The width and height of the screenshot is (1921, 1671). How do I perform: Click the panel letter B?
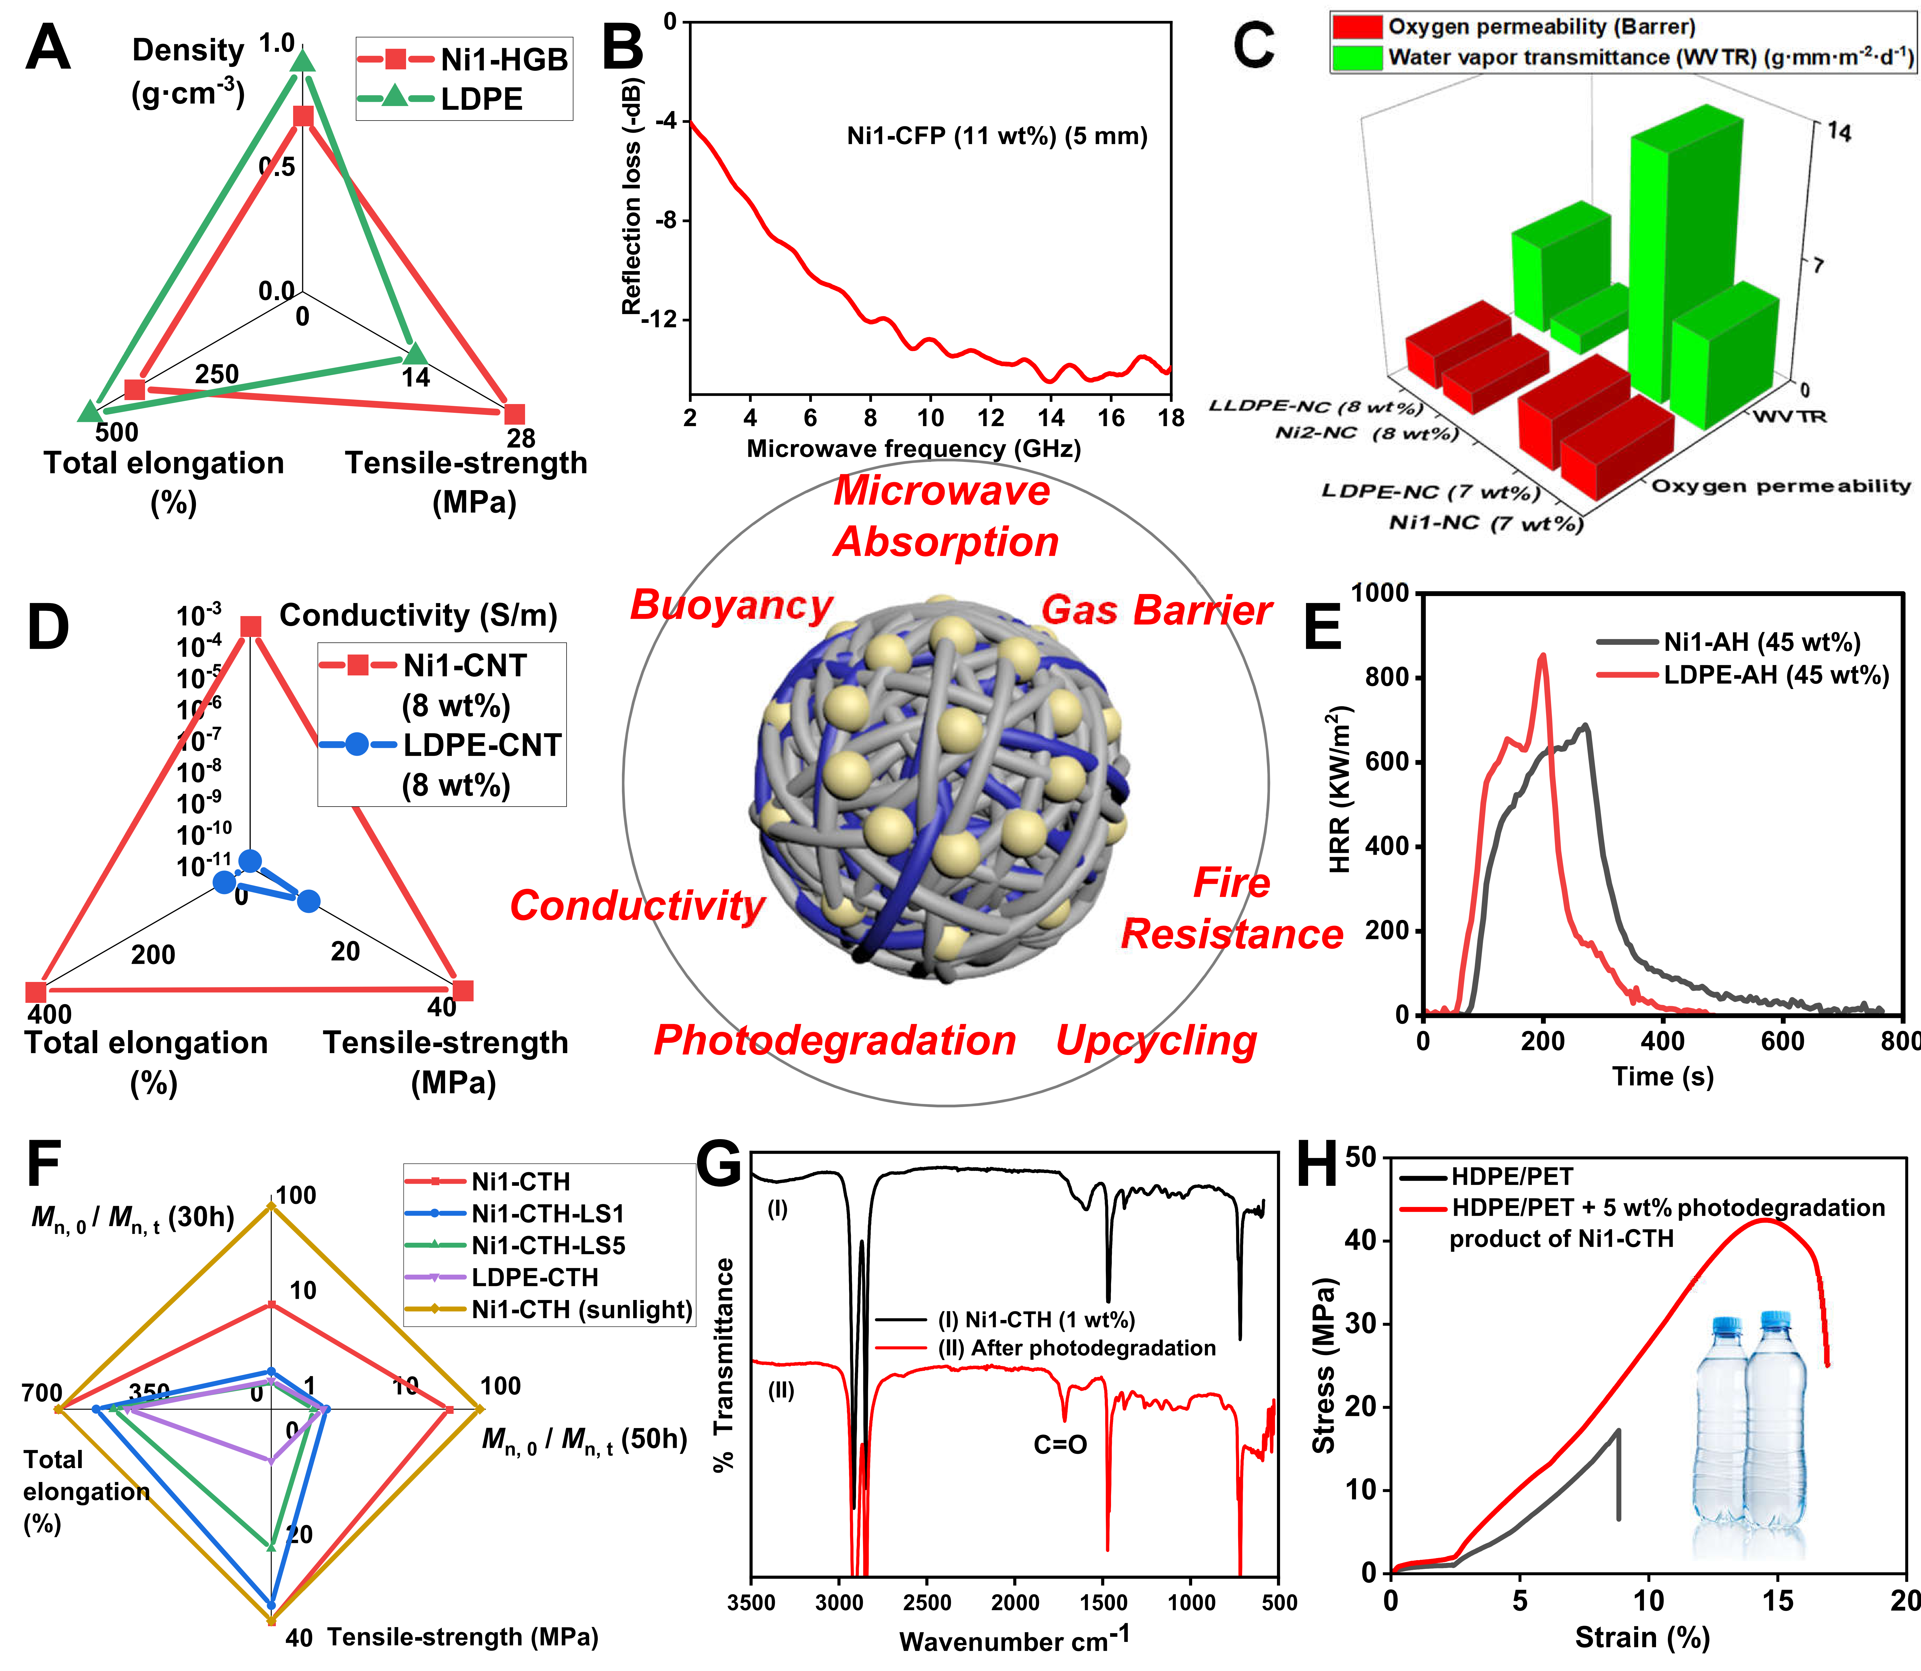pyautogui.click(x=623, y=48)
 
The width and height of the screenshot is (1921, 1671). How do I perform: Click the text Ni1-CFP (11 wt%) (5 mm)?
pyautogui.click(x=997, y=136)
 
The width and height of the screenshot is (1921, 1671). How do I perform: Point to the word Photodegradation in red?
pyautogui.click(x=834, y=1041)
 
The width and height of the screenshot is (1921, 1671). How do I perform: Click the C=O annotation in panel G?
pyautogui.click(x=1060, y=1445)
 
